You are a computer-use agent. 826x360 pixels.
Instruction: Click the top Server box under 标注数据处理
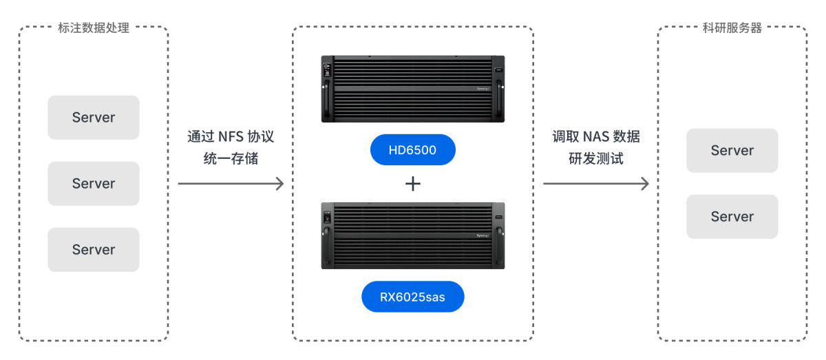tap(94, 118)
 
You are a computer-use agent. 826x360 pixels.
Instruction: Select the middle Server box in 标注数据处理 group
tap(94, 184)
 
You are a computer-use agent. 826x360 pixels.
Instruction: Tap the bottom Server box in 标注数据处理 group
tap(94, 250)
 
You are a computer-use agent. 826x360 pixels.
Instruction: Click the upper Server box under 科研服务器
tap(732, 151)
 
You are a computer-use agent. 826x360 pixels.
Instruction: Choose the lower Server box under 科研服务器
tap(732, 217)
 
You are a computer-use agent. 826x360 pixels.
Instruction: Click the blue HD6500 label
tap(412, 150)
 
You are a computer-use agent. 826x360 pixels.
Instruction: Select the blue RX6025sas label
tap(412, 297)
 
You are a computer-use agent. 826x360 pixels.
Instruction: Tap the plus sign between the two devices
tap(412, 184)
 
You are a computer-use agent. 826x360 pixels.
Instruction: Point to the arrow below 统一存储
tap(231, 184)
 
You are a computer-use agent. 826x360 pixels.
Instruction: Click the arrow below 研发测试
tap(596, 184)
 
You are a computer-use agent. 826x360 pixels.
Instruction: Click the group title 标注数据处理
tap(94, 28)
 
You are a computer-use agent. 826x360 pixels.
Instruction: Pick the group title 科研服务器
tap(732, 28)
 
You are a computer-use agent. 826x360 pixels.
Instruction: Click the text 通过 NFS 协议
tap(231, 137)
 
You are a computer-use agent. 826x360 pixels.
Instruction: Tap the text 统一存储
tap(231, 158)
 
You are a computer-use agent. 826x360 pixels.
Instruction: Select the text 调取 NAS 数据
tap(596, 137)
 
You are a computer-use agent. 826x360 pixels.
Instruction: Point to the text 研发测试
tap(596, 158)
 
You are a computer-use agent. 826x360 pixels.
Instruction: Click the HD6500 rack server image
tap(412, 89)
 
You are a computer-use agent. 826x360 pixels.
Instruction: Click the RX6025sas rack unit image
tap(412, 235)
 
